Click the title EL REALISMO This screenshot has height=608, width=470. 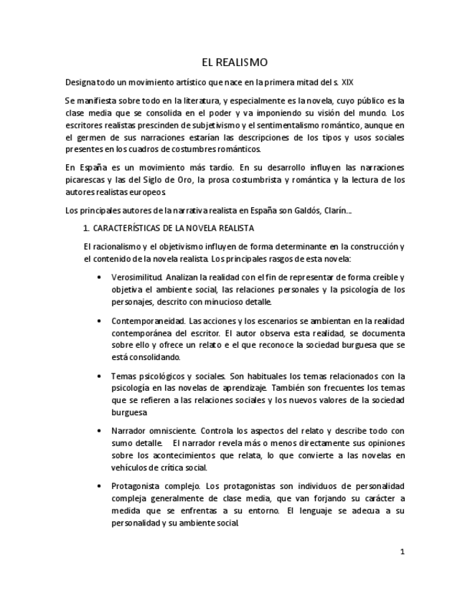tap(235, 63)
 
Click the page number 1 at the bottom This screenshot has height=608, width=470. tap(403, 552)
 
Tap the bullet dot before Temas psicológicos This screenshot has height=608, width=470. tap(98, 376)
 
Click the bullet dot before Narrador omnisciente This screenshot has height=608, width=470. tap(98, 431)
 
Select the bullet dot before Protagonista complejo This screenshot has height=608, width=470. tap(98, 485)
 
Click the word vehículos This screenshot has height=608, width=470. tap(131, 467)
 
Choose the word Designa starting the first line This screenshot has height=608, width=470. tap(80, 82)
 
